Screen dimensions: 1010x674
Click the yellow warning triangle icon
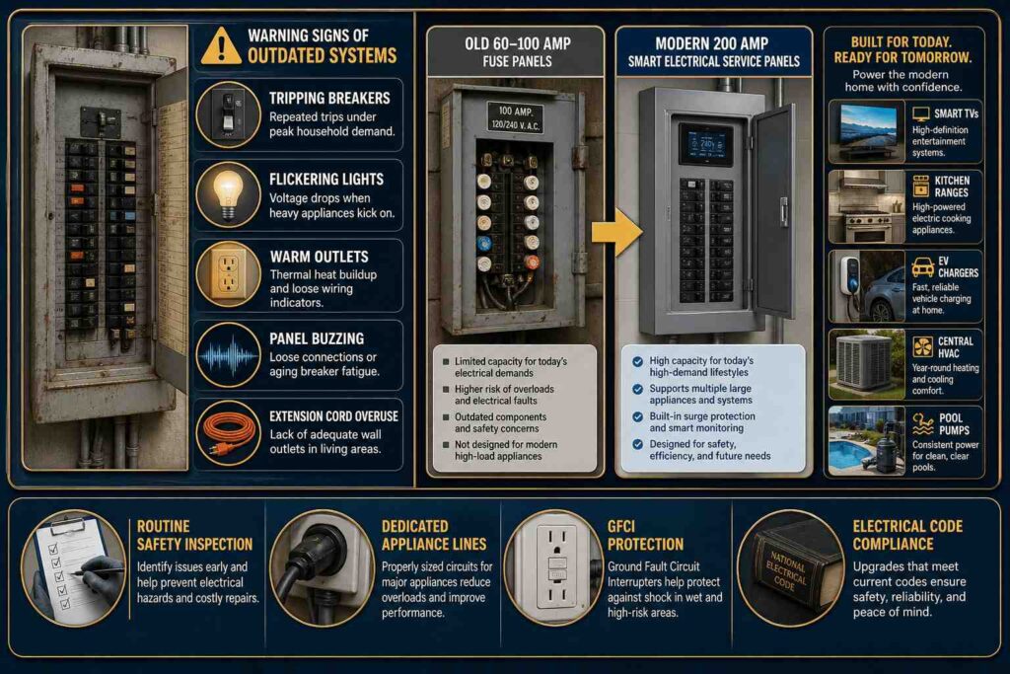point(221,46)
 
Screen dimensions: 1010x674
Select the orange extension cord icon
point(228,431)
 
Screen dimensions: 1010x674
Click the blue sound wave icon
point(228,355)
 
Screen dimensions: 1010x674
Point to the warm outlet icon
point(228,275)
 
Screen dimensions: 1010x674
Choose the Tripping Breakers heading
point(329,98)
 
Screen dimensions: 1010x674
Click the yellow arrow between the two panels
point(616,232)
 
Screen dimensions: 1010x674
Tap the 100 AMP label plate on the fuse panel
point(515,117)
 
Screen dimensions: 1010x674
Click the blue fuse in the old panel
point(483,244)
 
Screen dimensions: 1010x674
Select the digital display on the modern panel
point(704,144)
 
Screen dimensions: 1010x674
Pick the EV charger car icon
point(923,266)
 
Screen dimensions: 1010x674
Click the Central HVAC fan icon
point(923,346)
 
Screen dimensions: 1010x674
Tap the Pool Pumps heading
point(954,424)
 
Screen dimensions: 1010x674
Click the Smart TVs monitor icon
point(921,114)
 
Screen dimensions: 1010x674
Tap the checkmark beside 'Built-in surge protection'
point(637,416)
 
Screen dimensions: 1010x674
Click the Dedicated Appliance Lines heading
point(434,535)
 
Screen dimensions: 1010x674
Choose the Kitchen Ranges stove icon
point(921,186)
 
